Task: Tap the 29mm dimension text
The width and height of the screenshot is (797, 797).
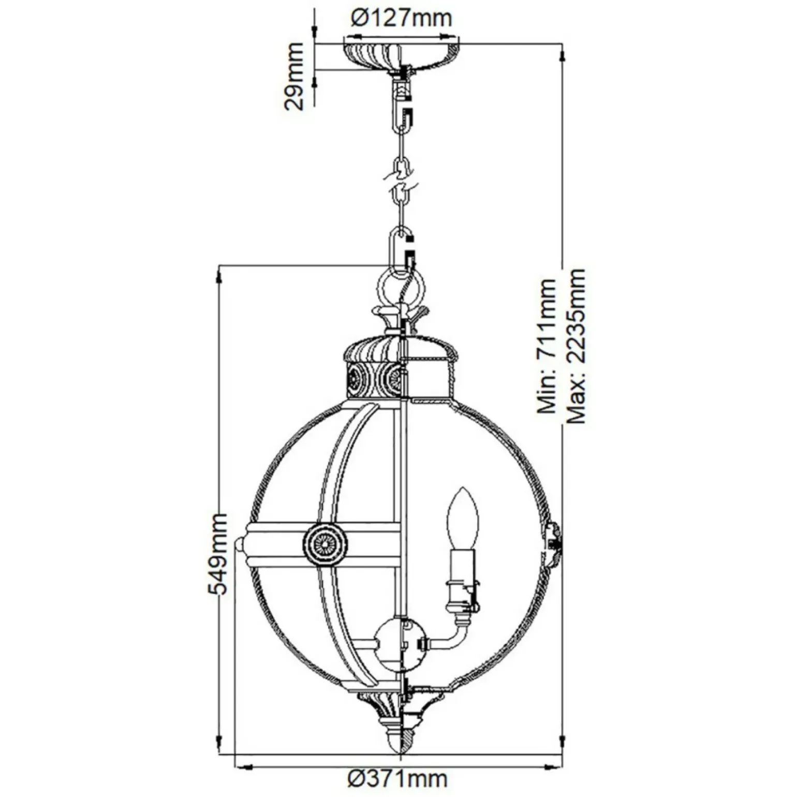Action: [293, 76]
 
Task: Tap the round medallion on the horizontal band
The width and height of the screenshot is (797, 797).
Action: [324, 544]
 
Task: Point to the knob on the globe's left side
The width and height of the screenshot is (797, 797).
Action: [240, 544]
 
